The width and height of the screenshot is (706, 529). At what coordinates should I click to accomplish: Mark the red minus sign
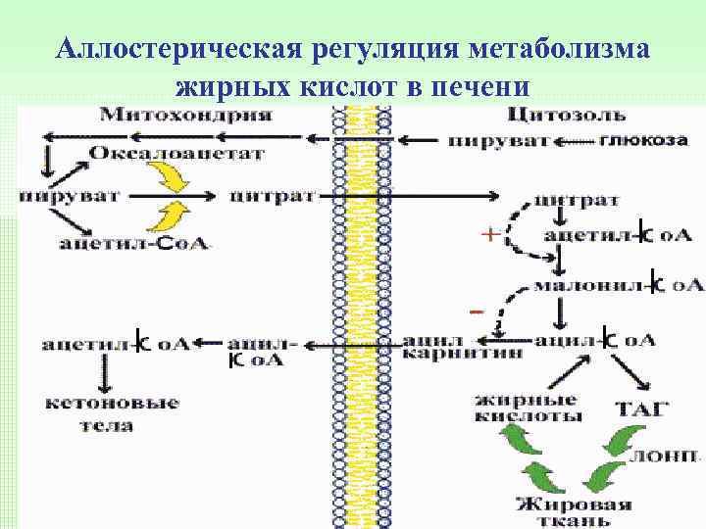tap(476, 312)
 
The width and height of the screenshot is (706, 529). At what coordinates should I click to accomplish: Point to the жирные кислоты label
tap(527, 408)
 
